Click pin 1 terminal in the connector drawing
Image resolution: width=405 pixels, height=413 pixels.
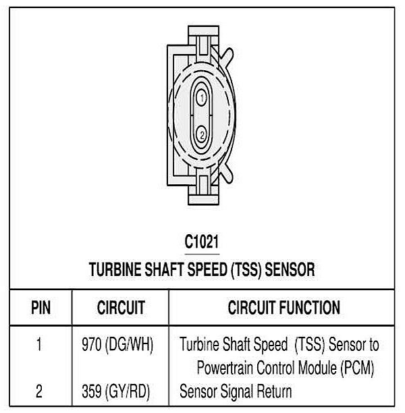[201, 99]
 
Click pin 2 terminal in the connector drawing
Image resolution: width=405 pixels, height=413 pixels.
[201, 134]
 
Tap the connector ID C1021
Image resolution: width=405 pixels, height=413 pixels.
[202, 242]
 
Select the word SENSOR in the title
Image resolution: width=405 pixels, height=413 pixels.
[290, 270]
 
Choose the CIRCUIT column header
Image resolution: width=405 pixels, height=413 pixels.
[121, 308]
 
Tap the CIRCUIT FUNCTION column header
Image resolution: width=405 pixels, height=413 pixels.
[283, 308]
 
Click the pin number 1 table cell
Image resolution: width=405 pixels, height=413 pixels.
[39, 345]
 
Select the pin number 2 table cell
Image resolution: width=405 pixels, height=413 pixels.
[39, 391]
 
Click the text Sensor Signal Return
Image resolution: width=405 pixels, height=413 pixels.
[236, 391]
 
